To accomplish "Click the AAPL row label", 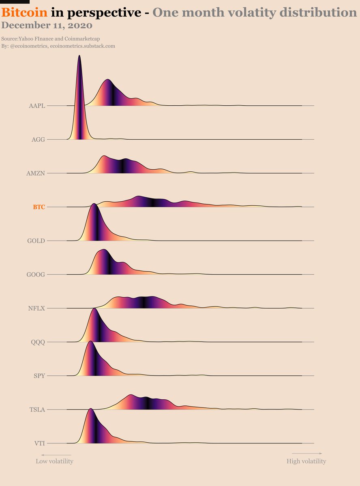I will (37, 106).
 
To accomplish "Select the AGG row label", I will (38, 140).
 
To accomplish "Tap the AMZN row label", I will (36, 173).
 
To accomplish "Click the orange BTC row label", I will (39, 207).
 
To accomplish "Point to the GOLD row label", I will (36, 241).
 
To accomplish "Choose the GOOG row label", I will (36, 275).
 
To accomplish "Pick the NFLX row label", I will (36, 308).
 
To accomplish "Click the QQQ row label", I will (38, 342).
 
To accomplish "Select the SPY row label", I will (39, 376).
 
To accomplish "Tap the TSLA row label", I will (37, 409).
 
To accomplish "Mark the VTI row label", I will (39, 443).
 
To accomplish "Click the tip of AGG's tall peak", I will (79, 56).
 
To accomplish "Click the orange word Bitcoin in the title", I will (25, 13).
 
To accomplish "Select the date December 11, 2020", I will (47, 26).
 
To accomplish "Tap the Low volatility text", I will (54, 461).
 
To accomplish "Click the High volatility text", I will (306, 461).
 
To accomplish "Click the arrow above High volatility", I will (307, 453).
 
